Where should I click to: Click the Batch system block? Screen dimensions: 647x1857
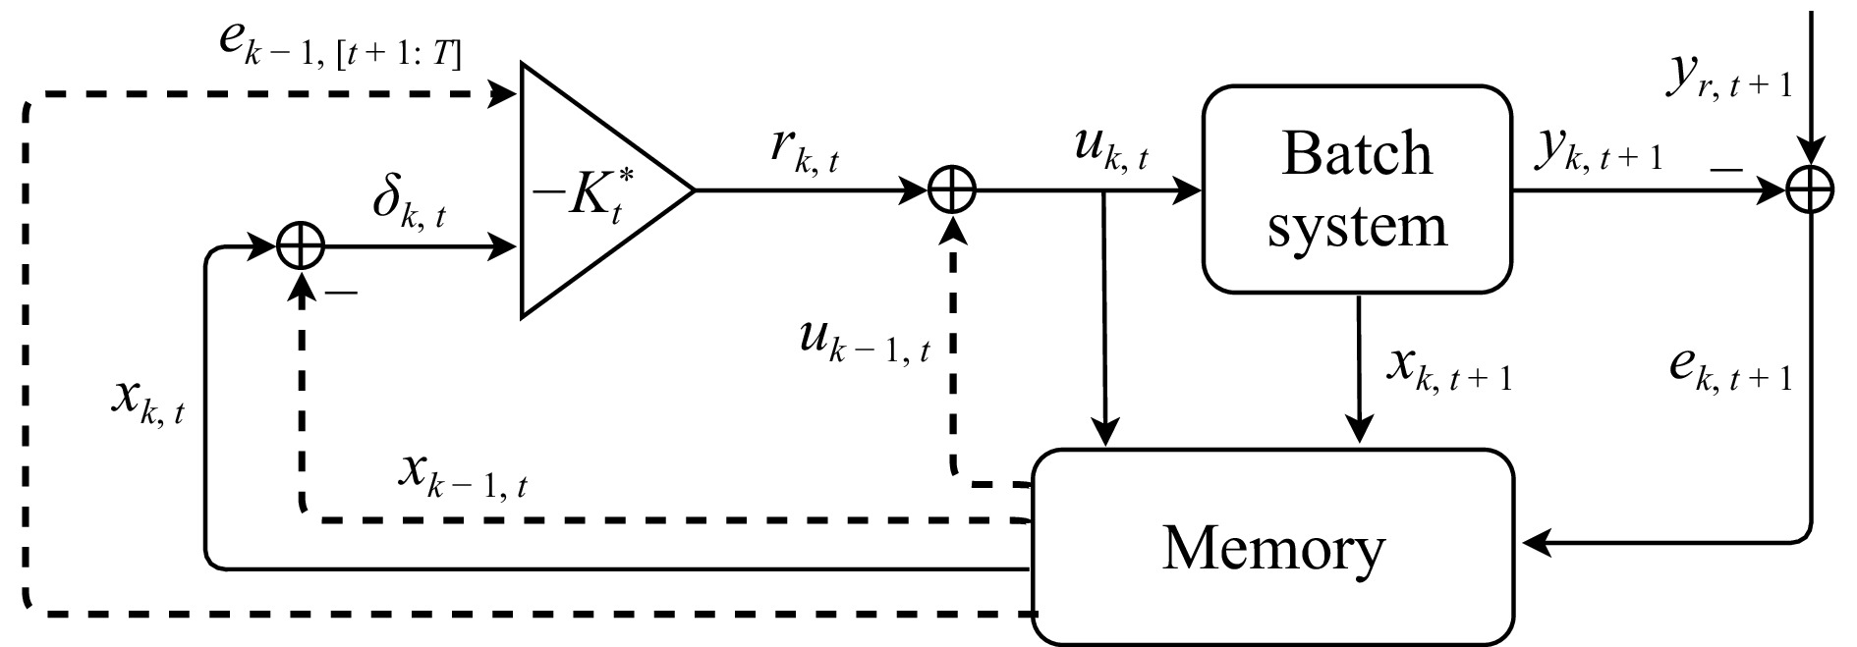(1357, 189)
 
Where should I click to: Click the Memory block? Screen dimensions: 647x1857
(1272, 548)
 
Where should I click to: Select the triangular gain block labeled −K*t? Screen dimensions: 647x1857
(590, 190)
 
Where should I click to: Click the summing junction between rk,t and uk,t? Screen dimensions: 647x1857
(952, 190)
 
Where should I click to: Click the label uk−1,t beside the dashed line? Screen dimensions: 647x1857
(865, 341)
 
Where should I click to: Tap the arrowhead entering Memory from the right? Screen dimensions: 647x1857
(1533, 541)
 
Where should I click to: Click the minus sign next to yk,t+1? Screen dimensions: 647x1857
(1725, 169)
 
